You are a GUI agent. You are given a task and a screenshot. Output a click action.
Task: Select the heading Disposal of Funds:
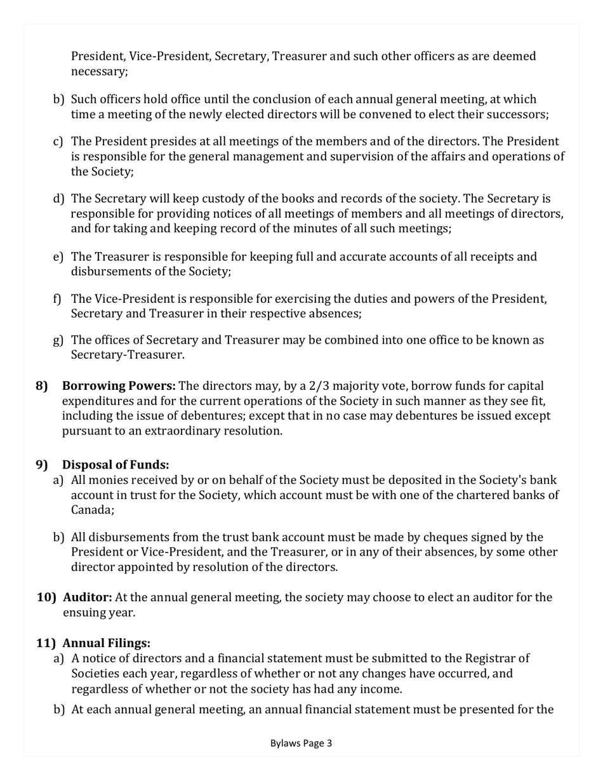coord(115,465)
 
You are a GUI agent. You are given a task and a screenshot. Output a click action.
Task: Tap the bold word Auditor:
coord(88,597)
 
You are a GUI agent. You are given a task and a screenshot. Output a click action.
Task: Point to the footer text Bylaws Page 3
coord(301,743)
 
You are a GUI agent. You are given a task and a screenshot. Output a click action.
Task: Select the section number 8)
coord(42,386)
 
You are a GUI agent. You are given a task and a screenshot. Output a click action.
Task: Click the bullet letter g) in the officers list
coord(58,340)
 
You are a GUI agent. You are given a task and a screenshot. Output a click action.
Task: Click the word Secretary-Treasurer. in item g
coord(128,355)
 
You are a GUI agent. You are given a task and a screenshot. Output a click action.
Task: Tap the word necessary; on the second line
coord(99,72)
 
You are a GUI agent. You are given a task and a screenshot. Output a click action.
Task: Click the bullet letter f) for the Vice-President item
coord(58,298)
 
